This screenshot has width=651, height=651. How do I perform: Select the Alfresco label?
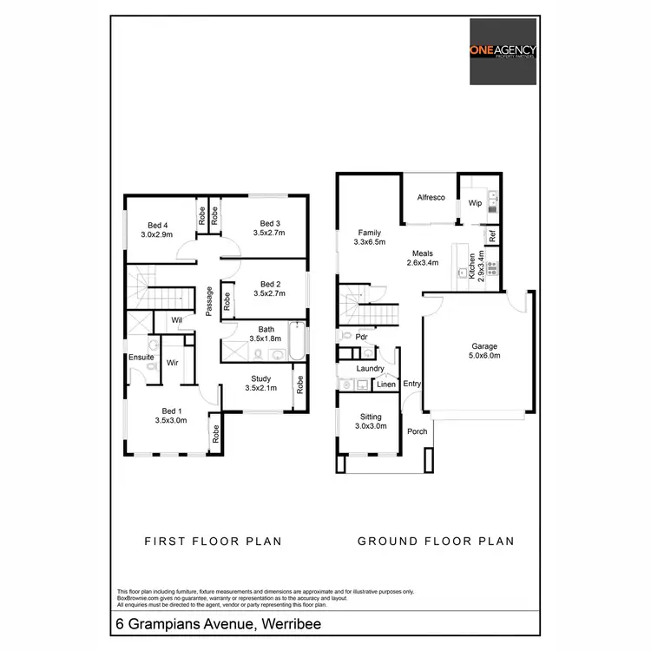pyautogui.click(x=431, y=198)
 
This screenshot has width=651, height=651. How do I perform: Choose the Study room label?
pyautogui.click(x=260, y=378)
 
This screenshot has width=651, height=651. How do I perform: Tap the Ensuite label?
pyautogui.click(x=141, y=357)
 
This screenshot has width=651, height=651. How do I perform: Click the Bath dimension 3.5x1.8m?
pyautogui.click(x=266, y=339)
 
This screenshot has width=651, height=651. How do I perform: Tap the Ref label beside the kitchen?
pyautogui.click(x=492, y=234)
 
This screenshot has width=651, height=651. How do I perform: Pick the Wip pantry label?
pyautogui.click(x=475, y=203)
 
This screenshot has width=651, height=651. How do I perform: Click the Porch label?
pyautogui.click(x=417, y=431)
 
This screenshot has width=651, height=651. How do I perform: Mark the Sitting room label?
pyautogui.click(x=371, y=416)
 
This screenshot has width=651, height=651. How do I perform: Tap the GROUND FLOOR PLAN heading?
pyautogui.click(x=436, y=541)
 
